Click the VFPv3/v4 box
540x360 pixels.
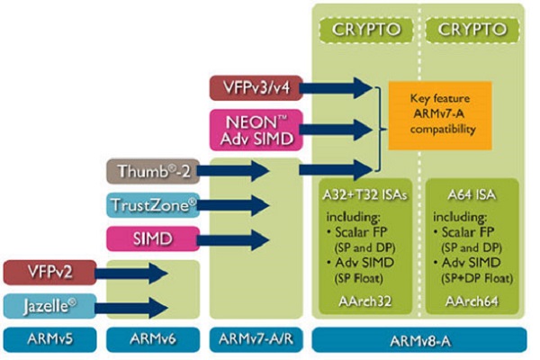tap(256, 88)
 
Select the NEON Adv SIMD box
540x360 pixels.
tap(256, 130)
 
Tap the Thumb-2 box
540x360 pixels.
tap(153, 171)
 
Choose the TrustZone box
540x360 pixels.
tap(153, 205)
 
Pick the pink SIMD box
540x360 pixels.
tap(153, 238)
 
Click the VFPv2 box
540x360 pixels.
tap(49, 273)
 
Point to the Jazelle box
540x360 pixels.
tap(49, 306)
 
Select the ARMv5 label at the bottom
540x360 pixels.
tap(49, 339)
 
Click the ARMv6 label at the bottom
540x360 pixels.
tap(153, 339)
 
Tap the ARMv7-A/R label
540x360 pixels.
tap(256, 339)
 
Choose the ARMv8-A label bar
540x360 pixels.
tap(419, 340)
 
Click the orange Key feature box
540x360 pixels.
tap(440, 116)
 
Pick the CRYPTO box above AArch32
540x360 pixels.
tap(366, 30)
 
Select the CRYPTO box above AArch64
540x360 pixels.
tap(472, 30)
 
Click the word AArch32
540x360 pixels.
tap(365, 301)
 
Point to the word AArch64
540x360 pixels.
tap(472, 301)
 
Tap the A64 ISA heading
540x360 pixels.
tap(472, 195)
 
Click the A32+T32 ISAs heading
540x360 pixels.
tap(365, 195)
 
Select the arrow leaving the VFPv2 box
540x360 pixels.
tap(131, 274)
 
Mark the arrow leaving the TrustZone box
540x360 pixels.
tap(233, 206)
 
